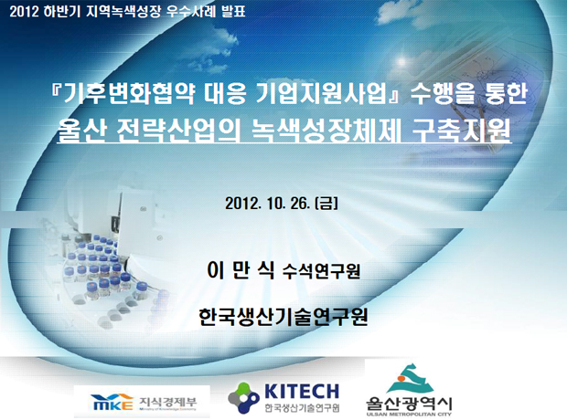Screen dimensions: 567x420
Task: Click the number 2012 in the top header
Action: point(24,12)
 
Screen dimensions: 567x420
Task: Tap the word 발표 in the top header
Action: point(233,11)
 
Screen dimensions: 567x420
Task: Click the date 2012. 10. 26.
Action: point(268,204)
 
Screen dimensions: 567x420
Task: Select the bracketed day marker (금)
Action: point(326,204)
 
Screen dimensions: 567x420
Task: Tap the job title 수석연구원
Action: point(321,271)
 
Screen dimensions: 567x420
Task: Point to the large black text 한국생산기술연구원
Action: point(283,317)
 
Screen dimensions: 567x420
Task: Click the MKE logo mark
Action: point(112,402)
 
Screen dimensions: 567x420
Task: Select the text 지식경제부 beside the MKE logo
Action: point(168,401)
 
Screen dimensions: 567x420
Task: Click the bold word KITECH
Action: point(302,391)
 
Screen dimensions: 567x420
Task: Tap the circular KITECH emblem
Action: point(244,398)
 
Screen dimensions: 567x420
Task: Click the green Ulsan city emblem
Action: point(409,380)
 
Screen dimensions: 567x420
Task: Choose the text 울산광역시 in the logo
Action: point(409,404)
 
